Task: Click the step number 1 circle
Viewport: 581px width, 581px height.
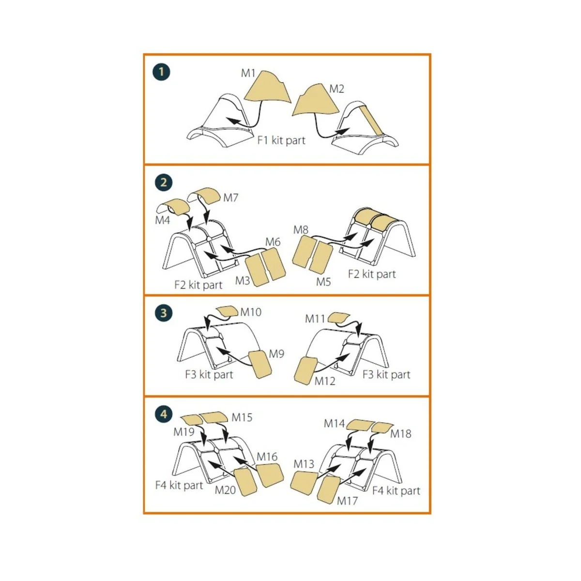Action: pyautogui.click(x=161, y=72)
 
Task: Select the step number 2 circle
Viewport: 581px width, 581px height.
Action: pyautogui.click(x=163, y=183)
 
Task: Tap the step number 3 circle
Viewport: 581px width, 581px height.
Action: pyautogui.click(x=163, y=312)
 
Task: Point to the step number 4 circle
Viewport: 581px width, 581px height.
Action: pyautogui.click(x=163, y=414)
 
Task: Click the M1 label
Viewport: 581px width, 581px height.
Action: pyautogui.click(x=248, y=73)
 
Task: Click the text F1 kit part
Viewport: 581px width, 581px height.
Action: pyautogui.click(x=281, y=140)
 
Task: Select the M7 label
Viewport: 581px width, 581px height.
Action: pyautogui.click(x=231, y=198)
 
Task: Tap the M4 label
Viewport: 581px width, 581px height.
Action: pyautogui.click(x=163, y=220)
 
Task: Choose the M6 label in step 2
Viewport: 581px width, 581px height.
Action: pyautogui.click(x=273, y=242)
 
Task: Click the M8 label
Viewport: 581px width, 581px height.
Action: pyautogui.click(x=301, y=229)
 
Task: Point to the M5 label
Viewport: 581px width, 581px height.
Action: pyautogui.click(x=323, y=281)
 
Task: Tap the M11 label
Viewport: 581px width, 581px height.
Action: pyautogui.click(x=315, y=319)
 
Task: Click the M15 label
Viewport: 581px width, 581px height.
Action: pyautogui.click(x=242, y=417)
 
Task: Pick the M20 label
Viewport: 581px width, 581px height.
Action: pyautogui.click(x=225, y=490)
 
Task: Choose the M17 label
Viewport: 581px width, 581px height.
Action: pyautogui.click(x=347, y=501)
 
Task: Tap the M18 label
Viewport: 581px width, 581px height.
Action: pyautogui.click(x=400, y=434)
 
